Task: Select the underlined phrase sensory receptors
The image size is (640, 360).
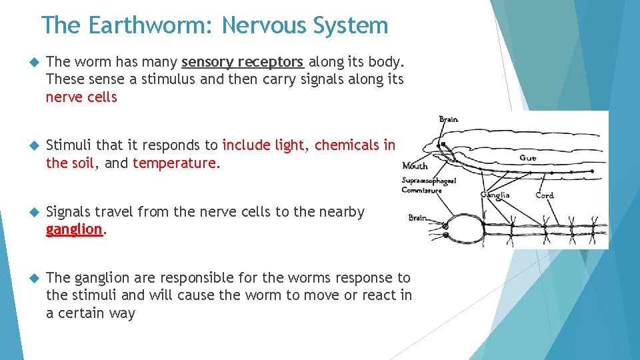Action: [243, 62]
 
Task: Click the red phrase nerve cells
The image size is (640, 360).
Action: [81, 97]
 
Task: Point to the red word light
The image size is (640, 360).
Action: [289, 145]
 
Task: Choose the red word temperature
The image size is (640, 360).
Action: [174, 163]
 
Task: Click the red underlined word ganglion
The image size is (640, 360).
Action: [74, 229]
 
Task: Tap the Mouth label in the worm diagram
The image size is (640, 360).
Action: [415, 166]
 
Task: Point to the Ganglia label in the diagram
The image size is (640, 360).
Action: [495, 195]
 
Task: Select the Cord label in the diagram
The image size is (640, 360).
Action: [545, 195]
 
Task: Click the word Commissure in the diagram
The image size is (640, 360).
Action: [421, 191]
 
